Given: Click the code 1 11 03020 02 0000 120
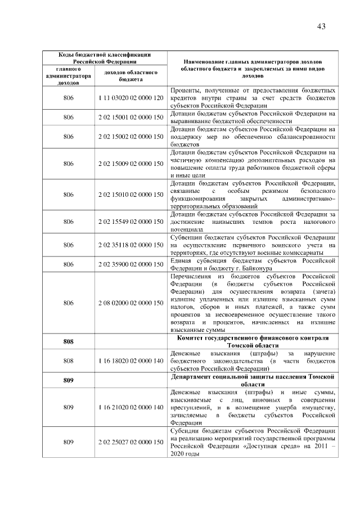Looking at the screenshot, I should tap(130, 98).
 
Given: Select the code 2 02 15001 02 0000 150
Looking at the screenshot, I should tap(130, 117).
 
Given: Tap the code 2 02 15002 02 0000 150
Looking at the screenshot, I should tap(130, 136).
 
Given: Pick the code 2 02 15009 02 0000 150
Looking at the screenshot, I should tap(130, 163).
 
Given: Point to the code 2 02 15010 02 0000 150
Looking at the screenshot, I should tap(130, 195).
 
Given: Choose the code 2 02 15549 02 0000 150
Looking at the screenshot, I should tap(130, 222).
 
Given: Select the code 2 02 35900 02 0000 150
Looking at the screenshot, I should tap(130, 264).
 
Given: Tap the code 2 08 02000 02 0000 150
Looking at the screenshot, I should tap(130, 303).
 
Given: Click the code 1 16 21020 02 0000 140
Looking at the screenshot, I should tap(130, 406).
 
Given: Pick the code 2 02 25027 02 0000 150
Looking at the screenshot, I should tap(130, 442).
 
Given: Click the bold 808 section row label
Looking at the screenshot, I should tap(69, 341).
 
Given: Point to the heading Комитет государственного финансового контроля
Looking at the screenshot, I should tap(253, 337).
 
